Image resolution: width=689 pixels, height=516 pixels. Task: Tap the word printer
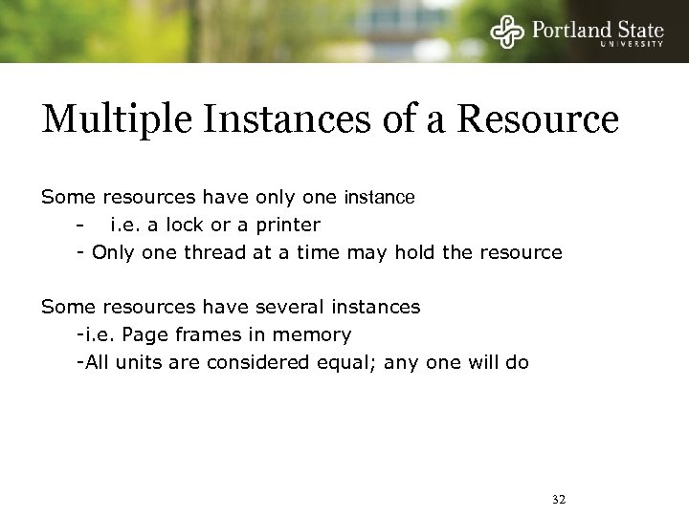pos(290,226)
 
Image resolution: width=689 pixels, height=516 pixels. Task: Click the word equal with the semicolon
pos(342,362)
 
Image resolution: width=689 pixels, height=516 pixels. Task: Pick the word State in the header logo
pos(637,28)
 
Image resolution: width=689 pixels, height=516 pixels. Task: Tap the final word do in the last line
pos(517,362)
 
